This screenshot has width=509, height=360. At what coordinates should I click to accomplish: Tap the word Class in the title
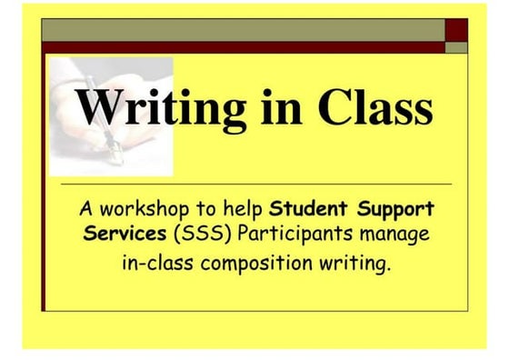[x=375, y=108]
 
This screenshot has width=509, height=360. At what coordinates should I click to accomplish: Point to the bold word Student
[x=310, y=210]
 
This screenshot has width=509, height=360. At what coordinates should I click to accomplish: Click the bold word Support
[x=396, y=210]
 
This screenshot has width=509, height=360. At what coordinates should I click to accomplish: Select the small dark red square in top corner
[x=456, y=30]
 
